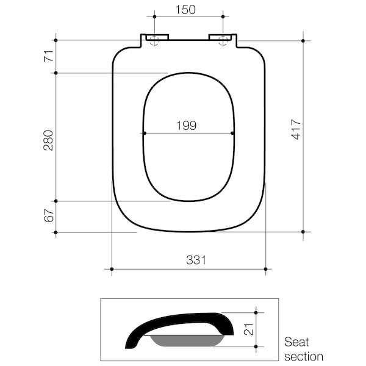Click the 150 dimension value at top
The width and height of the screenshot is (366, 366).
(187, 9)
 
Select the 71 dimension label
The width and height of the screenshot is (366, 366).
(49, 57)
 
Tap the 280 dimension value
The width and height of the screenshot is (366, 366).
(49, 140)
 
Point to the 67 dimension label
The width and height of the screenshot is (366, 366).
(49, 215)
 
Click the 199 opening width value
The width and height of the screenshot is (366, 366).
(186, 126)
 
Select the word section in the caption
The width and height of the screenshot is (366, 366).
(303, 356)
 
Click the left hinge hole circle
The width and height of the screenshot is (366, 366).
(153, 41)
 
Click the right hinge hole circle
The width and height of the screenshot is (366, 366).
(223, 41)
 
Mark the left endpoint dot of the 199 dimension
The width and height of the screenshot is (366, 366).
(144, 134)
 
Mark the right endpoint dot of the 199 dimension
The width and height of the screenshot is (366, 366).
(234, 134)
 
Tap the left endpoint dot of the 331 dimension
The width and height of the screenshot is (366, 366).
(112, 268)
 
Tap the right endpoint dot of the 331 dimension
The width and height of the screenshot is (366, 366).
(266, 268)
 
